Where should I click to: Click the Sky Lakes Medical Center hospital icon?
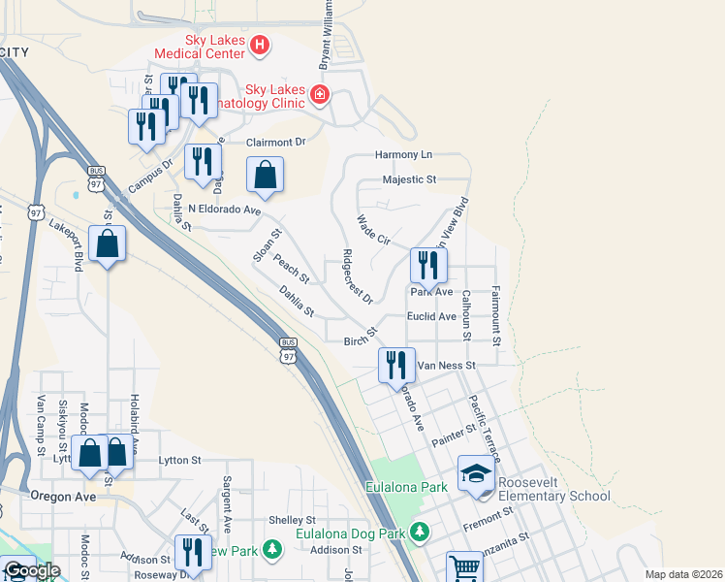click(260, 45)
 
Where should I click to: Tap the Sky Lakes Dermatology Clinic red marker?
click(319, 95)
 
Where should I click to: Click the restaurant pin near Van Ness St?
click(394, 365)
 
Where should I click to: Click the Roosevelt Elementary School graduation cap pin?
click(476, 473)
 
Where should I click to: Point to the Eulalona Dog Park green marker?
click(420, 532)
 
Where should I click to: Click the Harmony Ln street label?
click(403, 155)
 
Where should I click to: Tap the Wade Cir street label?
click(373, 230)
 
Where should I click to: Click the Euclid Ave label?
click(432, 316)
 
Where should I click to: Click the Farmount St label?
click(495, 315)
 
